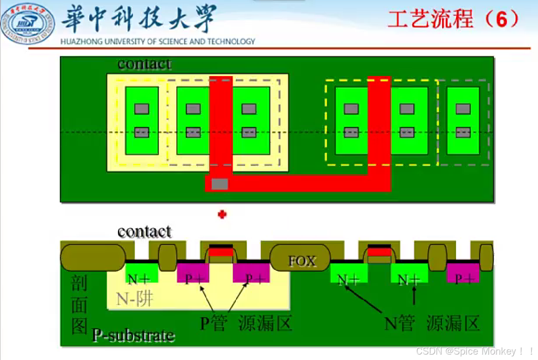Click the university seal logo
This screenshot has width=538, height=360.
[27, 24]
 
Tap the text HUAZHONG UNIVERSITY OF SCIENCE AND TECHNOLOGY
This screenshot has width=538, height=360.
[157, 41]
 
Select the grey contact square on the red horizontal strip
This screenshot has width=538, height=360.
[220, 184]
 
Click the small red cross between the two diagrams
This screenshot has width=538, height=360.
[222, 215]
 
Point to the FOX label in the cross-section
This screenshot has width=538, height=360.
[302, 261]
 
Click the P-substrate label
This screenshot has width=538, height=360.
[133, 335]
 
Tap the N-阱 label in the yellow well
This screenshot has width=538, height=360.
[134, 299]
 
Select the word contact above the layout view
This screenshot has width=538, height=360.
[144, 64]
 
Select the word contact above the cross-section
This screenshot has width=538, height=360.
[144, 232]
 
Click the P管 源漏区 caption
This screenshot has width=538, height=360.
[246, 323]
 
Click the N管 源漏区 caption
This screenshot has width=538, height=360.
[432, 323]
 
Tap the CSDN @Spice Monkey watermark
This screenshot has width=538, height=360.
[474, 351]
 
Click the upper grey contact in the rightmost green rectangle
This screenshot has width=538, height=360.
[463, 109]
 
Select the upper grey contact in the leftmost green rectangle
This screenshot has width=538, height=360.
[142, 109]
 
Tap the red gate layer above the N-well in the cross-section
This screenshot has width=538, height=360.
[221, 252]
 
